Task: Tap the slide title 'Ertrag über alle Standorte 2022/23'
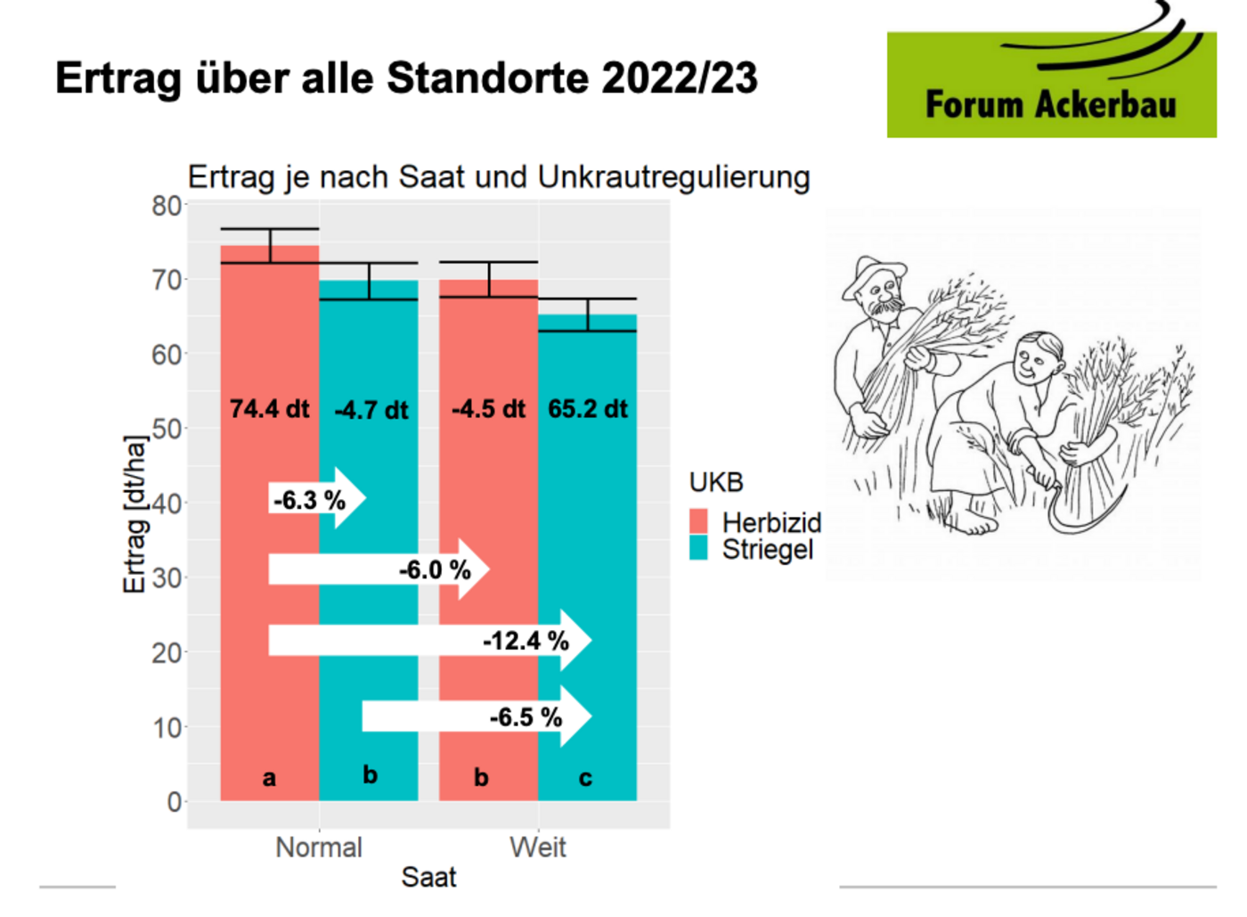[x=406, y=78]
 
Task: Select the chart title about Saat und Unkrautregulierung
[x=499, y=176]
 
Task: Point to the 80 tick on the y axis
[x=167, y=206]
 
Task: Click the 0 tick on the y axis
[x=175, y=802]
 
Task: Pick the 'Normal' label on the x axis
[x=319, y=847]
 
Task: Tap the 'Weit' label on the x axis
[x=538, y=847]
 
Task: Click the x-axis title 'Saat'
[x=428, y=877]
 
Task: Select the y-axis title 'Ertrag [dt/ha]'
[x=134, y=514]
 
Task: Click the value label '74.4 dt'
[x=269, y=409]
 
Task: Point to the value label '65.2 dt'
[x=588, y=409]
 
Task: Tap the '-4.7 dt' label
[x=371, y=410]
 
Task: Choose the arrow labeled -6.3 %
[x=316, y=499]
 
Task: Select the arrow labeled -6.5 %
[x=477, y=716]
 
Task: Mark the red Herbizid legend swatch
[x=698, y=521]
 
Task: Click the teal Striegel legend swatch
[x=698, y=548]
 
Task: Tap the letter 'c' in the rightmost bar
[x=585, y=778]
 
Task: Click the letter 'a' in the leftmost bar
[x=269, y=778]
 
